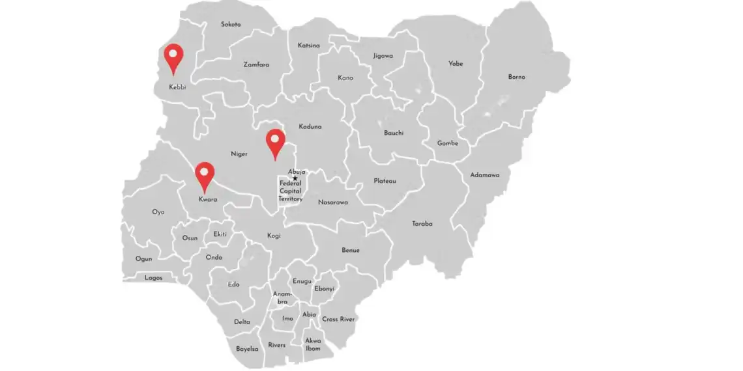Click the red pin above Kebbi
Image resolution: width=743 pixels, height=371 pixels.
pyautogui.click(x=173, y=56)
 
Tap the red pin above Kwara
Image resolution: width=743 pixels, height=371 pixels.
pyautogui.click(x=205, y=174)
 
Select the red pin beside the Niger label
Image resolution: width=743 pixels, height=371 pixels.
pyautogui.click(x=276, y=141)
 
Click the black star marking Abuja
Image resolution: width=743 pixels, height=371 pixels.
pyautogui.click(x=295, y=178)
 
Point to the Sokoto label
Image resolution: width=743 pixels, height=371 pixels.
pyautogui.click(x=231, y=25)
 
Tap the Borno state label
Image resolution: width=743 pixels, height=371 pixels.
pyautogui.click(x=516, y=77)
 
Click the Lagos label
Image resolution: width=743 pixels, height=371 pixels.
pyautogui.click(x=153, y=278)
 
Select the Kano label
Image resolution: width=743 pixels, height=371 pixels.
pyautogui.click(x=345, y=78)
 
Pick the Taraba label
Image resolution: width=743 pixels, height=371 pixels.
pyautogui.click(x=422, y=224)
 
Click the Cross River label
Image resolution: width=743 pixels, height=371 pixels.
pyautogui.click(x=338, y=320)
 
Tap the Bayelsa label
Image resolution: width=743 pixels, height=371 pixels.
pyautogui.click(x=247, y=349)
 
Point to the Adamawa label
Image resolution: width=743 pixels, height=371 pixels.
pyautogui.click(x=485, y=175)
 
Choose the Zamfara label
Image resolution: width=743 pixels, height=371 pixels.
pyautogui.click(x=256, y=64)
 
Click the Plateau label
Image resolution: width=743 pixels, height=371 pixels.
pyautogui.click(x=385, y=181)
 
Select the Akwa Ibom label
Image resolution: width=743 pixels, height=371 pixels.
pyautogui.click(x=313, y=344)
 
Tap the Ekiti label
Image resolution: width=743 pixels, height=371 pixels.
pyautogui.click(x=220, y=234)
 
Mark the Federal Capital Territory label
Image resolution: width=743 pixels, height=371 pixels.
pyautogui.click(x=290, y=191)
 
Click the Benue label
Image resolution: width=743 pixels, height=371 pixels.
pyautogui.click(x=351, y=251)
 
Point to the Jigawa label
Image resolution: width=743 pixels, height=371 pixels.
pyautogui.click(x=383, y=56)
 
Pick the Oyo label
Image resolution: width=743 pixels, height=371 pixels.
pyautogui.click(x=158, y=212)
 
